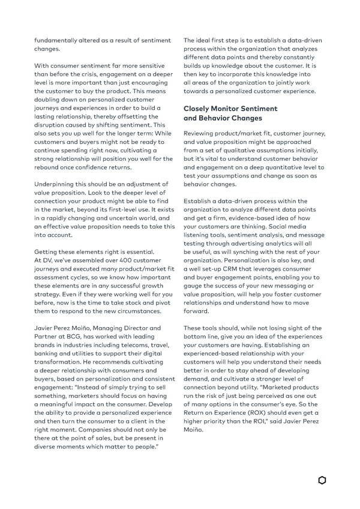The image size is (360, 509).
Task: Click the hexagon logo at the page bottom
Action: [322, 480]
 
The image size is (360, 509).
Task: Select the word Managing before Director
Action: [104, 328]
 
